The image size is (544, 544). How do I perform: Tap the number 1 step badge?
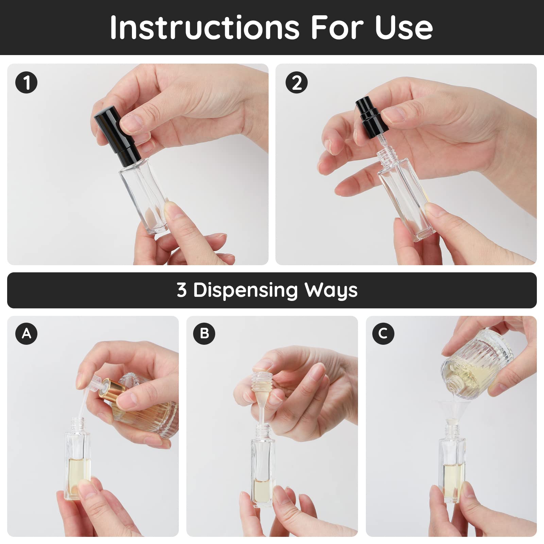click(x=26, y=83)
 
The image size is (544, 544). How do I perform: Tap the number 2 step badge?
click(x=296, y=83)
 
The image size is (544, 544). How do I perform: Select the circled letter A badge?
click(x=26, y=334)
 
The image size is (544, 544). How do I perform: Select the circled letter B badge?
click(x=204, y=334)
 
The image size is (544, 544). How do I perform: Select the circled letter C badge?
click(x=383, y=334)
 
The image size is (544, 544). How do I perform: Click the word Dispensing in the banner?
click(x=245, y=290)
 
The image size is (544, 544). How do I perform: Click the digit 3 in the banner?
click(x=182, y=290)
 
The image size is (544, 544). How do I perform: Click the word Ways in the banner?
click(x=330, y=290)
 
